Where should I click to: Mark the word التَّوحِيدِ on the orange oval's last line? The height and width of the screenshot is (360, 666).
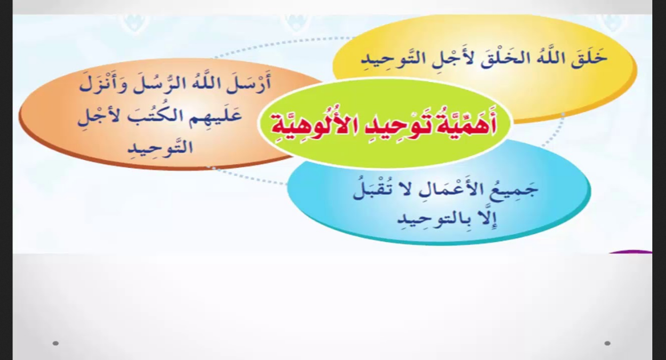click(x=161, y=146)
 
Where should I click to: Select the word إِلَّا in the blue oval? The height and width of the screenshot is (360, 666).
click(x=488, y=219)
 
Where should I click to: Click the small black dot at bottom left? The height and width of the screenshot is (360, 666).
click(x=56, y=343)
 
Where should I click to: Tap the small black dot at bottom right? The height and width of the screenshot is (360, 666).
click(x=607, y=343)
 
